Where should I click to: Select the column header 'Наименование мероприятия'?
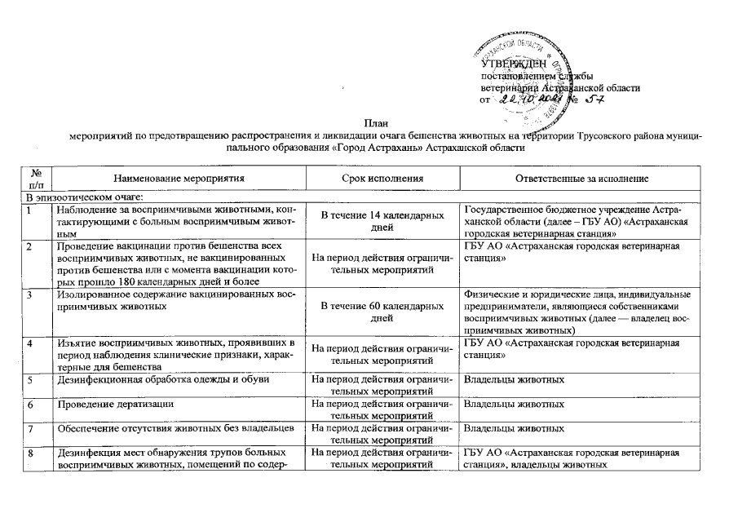(179, 178)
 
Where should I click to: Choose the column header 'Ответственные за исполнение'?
(581, 178)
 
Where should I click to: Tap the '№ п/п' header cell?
(36, 178)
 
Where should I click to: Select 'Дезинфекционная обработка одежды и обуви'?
(164, 380)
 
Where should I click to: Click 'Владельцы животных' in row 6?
(514, 404)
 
